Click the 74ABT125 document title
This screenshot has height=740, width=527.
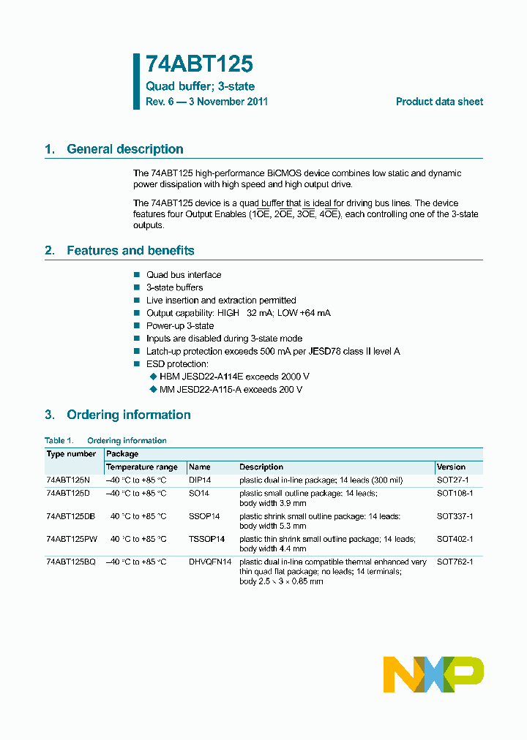pos(199,64)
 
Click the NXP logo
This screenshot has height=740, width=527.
pos(433,673)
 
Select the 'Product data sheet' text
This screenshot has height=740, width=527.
pos(439,102)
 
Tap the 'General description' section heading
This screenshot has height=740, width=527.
pos(124,149)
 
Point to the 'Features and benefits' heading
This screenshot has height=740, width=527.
pos(130,251)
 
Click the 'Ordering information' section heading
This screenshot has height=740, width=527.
pos(128,415)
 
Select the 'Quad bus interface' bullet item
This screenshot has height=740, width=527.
pos(183,275)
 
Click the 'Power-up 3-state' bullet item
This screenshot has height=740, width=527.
pos(179,326)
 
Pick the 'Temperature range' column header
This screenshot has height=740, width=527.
pos(142,467)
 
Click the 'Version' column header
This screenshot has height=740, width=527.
pos(451,467)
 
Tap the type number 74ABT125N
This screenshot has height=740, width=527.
pos(68,480)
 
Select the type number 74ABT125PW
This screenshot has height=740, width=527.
pos(71,539)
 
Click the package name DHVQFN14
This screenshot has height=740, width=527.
pos(210,562)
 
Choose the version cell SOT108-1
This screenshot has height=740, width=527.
pos(455,494)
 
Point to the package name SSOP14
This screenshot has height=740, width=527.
pos(204,516)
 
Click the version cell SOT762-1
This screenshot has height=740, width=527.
pos(455,562)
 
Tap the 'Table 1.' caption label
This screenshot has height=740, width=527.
pos(59,441)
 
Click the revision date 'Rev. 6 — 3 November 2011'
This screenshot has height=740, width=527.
pos(206,102)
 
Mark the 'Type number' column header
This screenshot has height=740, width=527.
pos(71,454)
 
